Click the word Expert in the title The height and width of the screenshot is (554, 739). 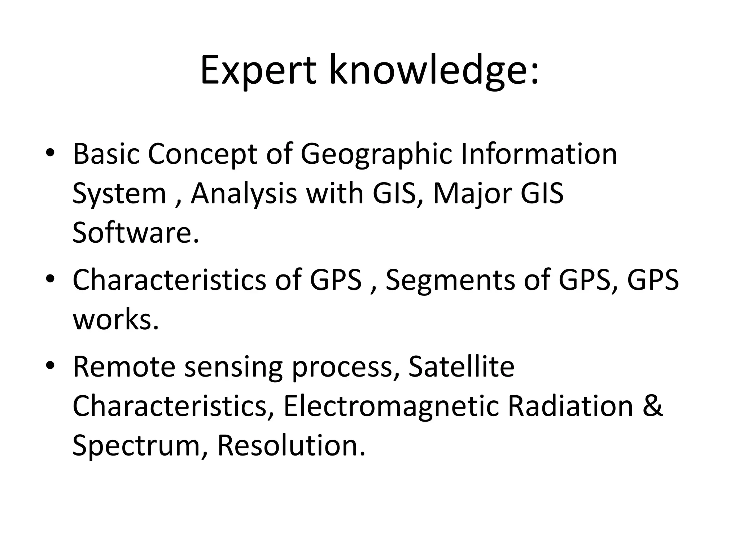click(x=258, y=70)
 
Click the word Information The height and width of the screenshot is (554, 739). click(x=539, y=154)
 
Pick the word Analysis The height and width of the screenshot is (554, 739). click(x=244, y=194)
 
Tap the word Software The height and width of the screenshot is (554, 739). click(x=136, y=233)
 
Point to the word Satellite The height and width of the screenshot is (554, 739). click(x=462, y=367)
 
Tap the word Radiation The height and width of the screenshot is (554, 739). click(x=570, y=406)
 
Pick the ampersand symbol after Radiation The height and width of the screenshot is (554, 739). click(x=652, y=406)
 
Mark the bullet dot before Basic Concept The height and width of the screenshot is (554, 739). click(x=50, y=153)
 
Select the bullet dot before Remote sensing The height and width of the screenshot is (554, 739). click(x=50, y=366)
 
